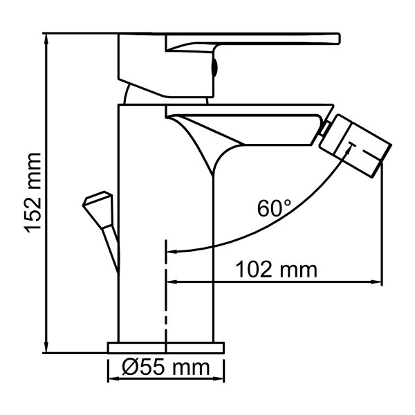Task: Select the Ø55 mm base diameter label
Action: pyautogui.click(x=167, y=368)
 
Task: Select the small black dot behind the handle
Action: pyautogui.click(x=214, y=67)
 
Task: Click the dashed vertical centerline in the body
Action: pyautogui.click(x=166, y=290)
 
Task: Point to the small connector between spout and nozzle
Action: pyautogui.click(x=322, y=129)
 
